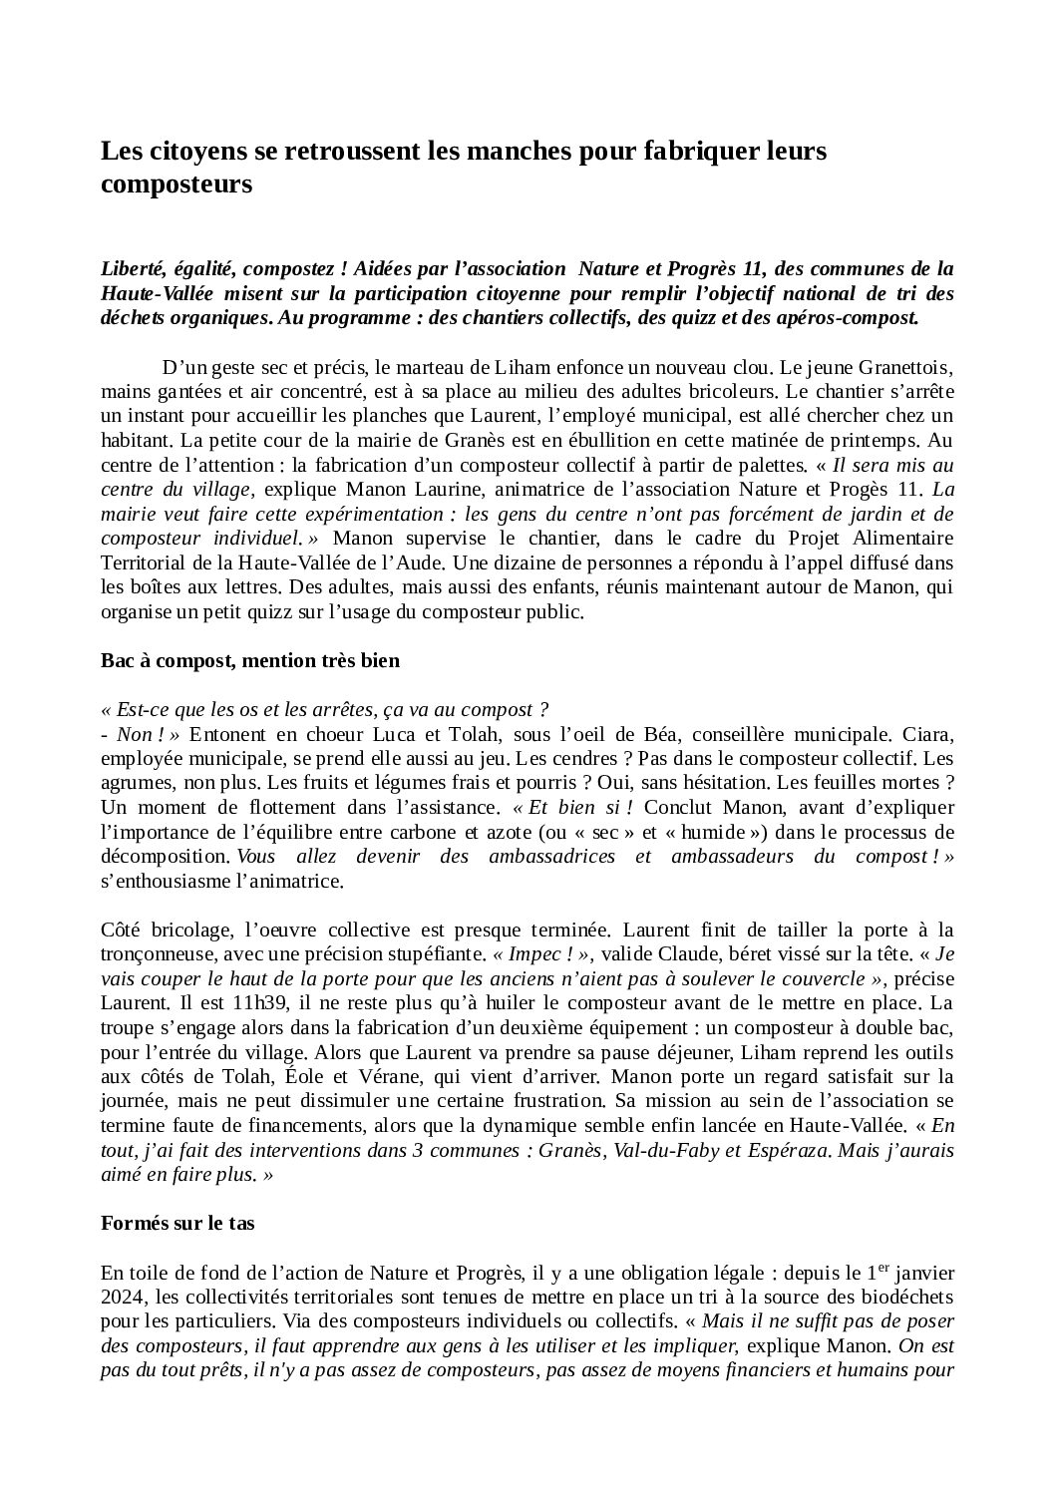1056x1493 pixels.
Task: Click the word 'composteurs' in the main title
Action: (x=176, y=185)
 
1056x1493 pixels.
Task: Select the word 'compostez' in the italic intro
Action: (x=288, y=268)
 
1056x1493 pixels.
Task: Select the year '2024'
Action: (x=121, y=1299)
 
